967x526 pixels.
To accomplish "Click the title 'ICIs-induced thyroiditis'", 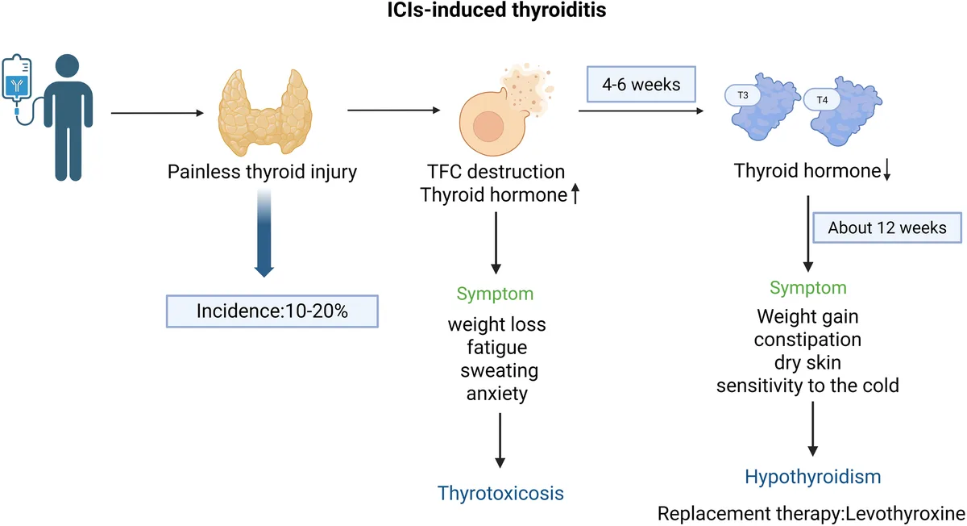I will pos(483,11).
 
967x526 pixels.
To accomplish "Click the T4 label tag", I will pos(821,100).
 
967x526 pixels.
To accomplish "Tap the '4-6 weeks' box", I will pos(641,84).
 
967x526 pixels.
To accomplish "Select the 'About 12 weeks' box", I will pos(888,228).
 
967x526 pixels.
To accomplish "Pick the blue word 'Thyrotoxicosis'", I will pos(500,492).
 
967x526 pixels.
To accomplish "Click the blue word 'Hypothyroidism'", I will pos(813,477).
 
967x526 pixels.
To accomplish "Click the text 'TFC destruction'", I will pos(496,172).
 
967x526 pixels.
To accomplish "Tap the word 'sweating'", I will pos(499,371).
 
